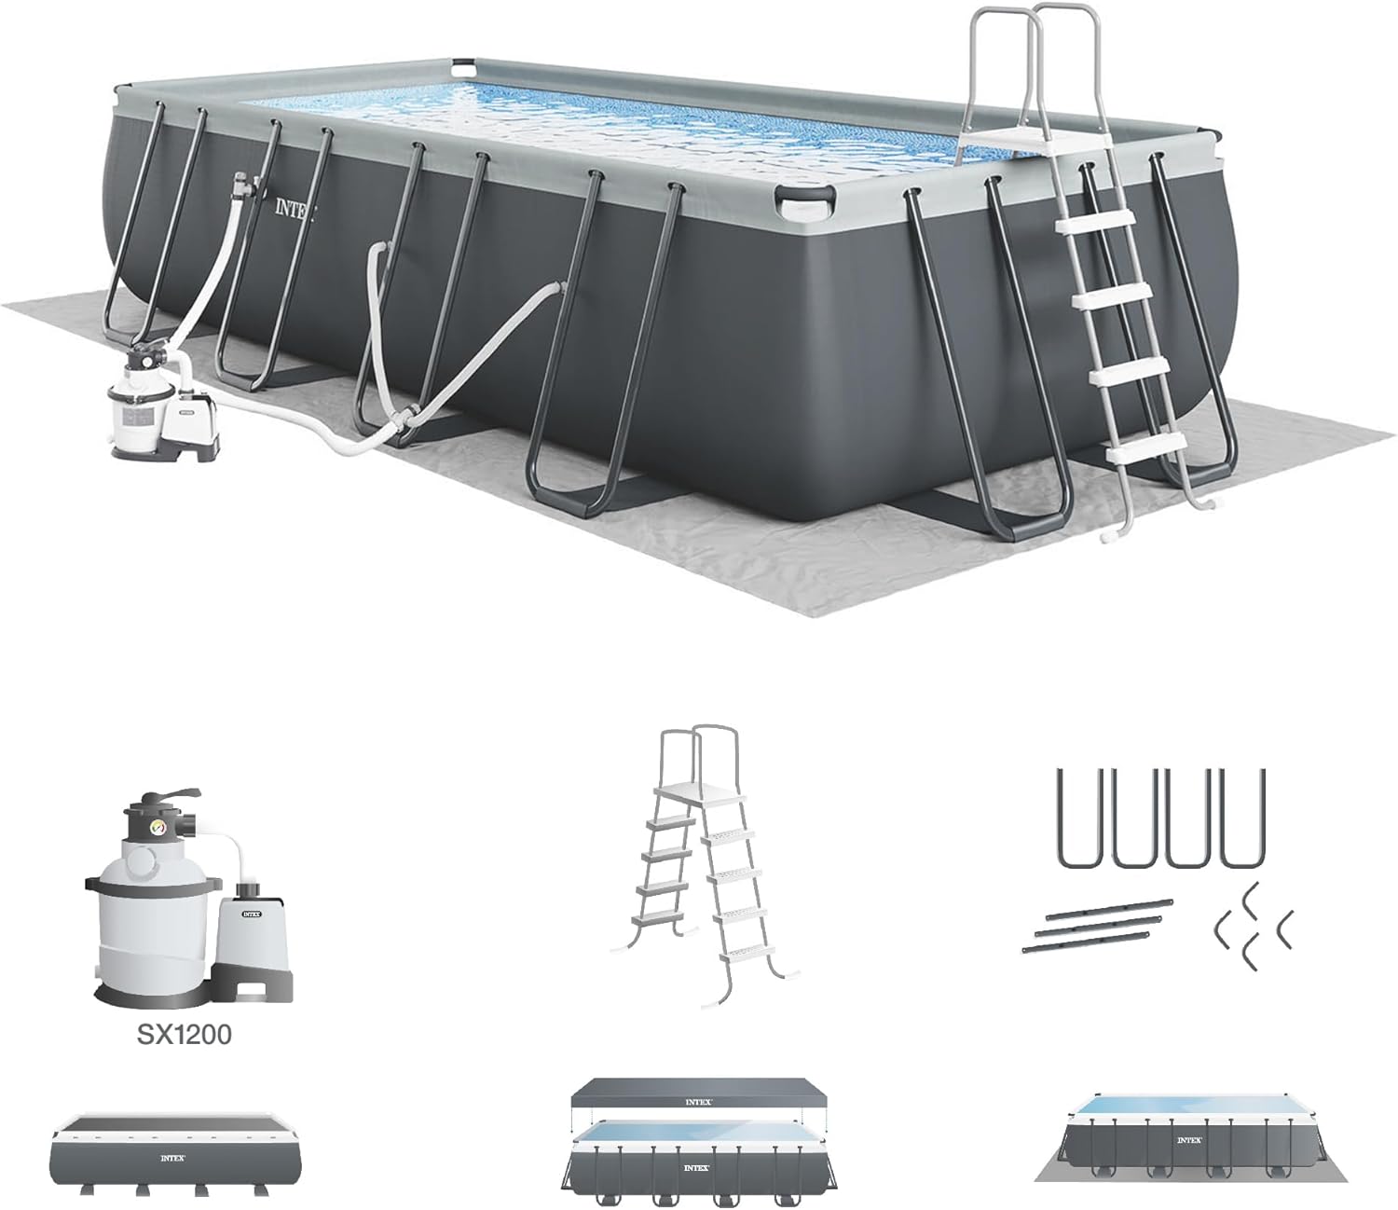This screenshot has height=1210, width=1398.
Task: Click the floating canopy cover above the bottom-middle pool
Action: click(x=699, y=1100)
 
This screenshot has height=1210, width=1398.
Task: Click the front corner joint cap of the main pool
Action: click(x=807, y=198)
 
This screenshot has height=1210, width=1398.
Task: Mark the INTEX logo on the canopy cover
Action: click(x=699, y=1101)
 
